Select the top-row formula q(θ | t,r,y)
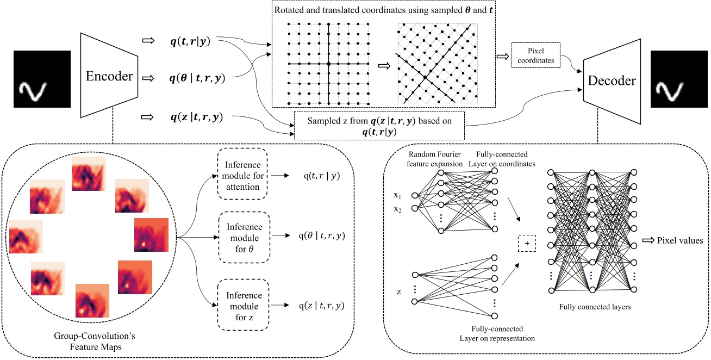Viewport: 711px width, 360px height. [x=197, y=78]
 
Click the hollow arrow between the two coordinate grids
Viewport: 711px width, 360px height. [x=384, y=65]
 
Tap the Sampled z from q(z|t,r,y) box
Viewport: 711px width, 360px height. [x=380, y=125]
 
